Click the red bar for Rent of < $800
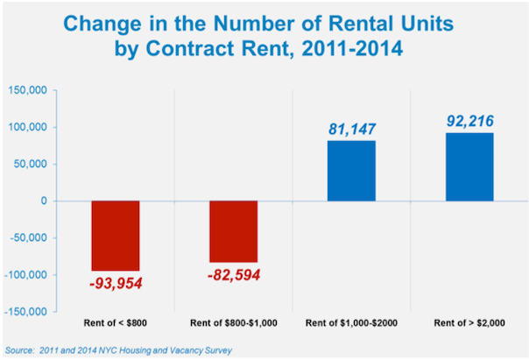115,235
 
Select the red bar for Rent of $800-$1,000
233,231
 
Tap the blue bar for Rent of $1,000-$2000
351,170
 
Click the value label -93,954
115,283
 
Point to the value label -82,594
233,275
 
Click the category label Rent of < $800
116,323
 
